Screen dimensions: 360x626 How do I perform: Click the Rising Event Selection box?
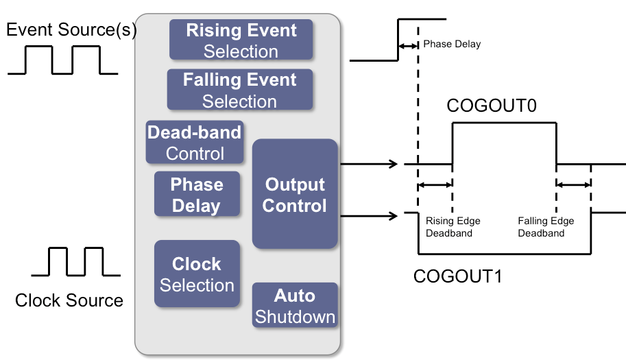241,40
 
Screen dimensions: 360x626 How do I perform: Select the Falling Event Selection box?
240,90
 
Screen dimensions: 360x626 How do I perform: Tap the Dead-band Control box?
195,143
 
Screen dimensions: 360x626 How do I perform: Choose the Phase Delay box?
196,195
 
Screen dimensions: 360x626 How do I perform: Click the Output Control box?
295,194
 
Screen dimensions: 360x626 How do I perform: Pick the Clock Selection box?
197,274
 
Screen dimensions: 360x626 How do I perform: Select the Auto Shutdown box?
295,306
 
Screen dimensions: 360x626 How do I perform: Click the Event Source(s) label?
71,30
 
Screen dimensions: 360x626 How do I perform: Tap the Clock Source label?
69,300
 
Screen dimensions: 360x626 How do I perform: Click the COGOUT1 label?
458,276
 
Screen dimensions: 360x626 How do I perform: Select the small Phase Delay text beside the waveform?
452,44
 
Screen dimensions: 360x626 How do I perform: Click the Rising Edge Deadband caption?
453,227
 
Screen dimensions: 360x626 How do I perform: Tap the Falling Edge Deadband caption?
546,227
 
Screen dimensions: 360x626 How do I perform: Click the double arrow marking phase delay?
408,45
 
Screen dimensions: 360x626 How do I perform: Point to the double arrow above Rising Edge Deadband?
435,184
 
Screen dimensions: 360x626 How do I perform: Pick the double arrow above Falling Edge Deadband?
573,184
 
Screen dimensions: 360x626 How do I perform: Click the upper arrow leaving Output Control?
369,164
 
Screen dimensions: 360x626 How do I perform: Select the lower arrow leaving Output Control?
369,217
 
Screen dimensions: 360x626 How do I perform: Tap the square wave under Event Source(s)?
63,60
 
